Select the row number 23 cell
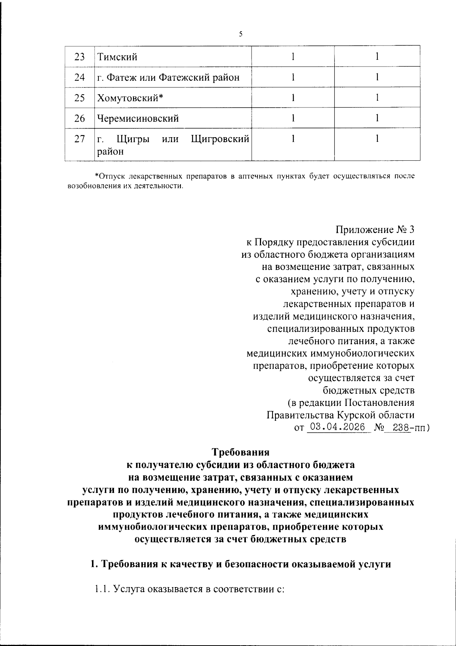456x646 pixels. coord(79,57)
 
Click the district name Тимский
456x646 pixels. coord(117,57)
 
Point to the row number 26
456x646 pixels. coord(79,119)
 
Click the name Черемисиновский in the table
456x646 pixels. coord(138,119)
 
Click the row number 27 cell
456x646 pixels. coord(79,139)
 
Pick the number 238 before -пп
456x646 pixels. coord(401,427)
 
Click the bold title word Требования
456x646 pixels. coord(241,453)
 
